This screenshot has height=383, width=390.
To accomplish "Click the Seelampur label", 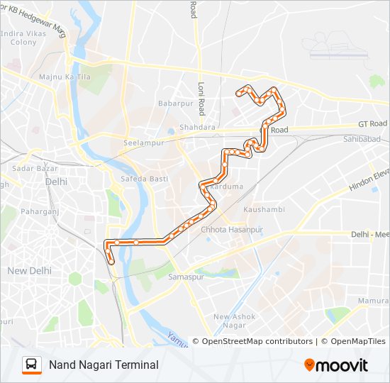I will [x=144, y=143].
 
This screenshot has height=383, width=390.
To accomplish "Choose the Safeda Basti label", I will [x=145, y=179].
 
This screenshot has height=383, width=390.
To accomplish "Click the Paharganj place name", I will [x=38, y=211].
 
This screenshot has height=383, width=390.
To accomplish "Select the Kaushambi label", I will [x=264, y=210].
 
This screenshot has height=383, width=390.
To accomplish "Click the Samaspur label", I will [x=186, y=277].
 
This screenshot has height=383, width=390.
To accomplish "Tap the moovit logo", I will [x=337, y=365].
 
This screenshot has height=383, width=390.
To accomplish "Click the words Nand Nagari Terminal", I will [x=104, y=365].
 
